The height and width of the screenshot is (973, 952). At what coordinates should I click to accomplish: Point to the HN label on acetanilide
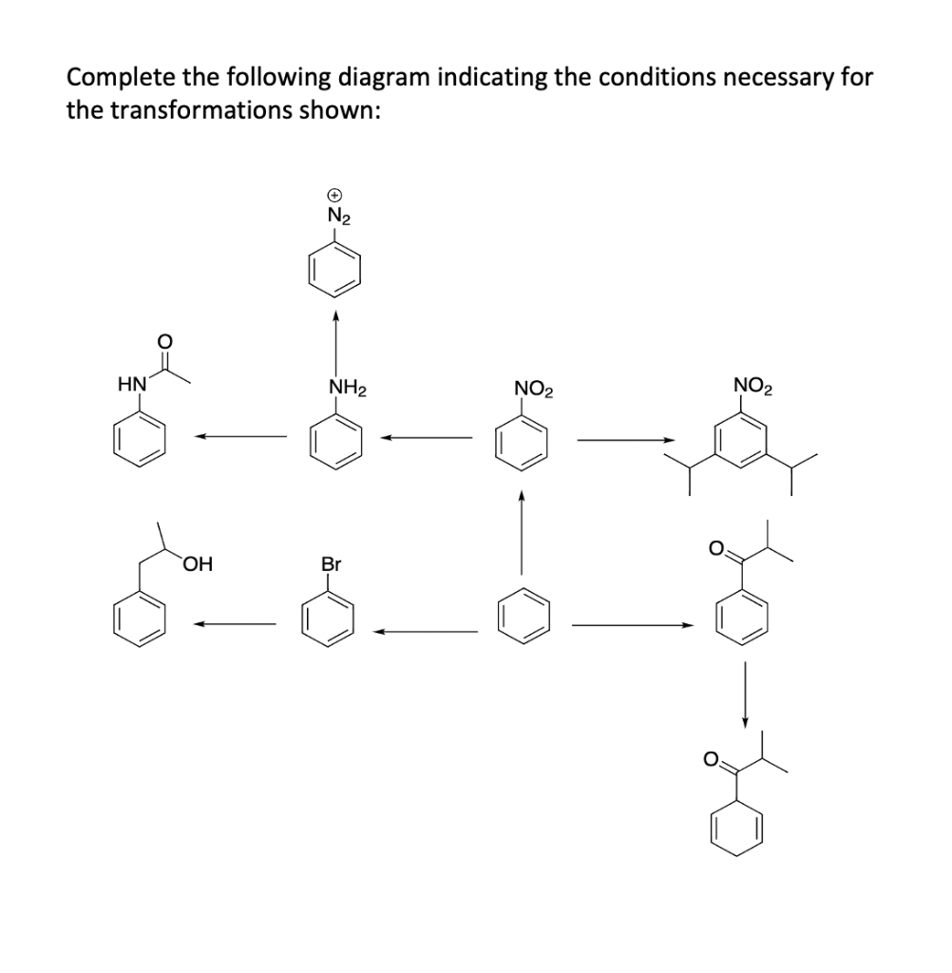[x=130, y=384]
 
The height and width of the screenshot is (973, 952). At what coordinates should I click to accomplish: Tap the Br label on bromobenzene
[x=331, y=564]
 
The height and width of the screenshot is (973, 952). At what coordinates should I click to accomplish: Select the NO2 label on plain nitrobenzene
[x=533, y=389]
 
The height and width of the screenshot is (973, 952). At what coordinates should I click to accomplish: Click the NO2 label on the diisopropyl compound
[x=753, y=386]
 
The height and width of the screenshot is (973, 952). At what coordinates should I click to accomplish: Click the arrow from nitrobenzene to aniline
[x=427, y=438]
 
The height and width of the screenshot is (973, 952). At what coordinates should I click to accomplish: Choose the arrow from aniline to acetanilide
[x=241, y=437]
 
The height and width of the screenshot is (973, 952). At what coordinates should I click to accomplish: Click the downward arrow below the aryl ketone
[x=746, y=696]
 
